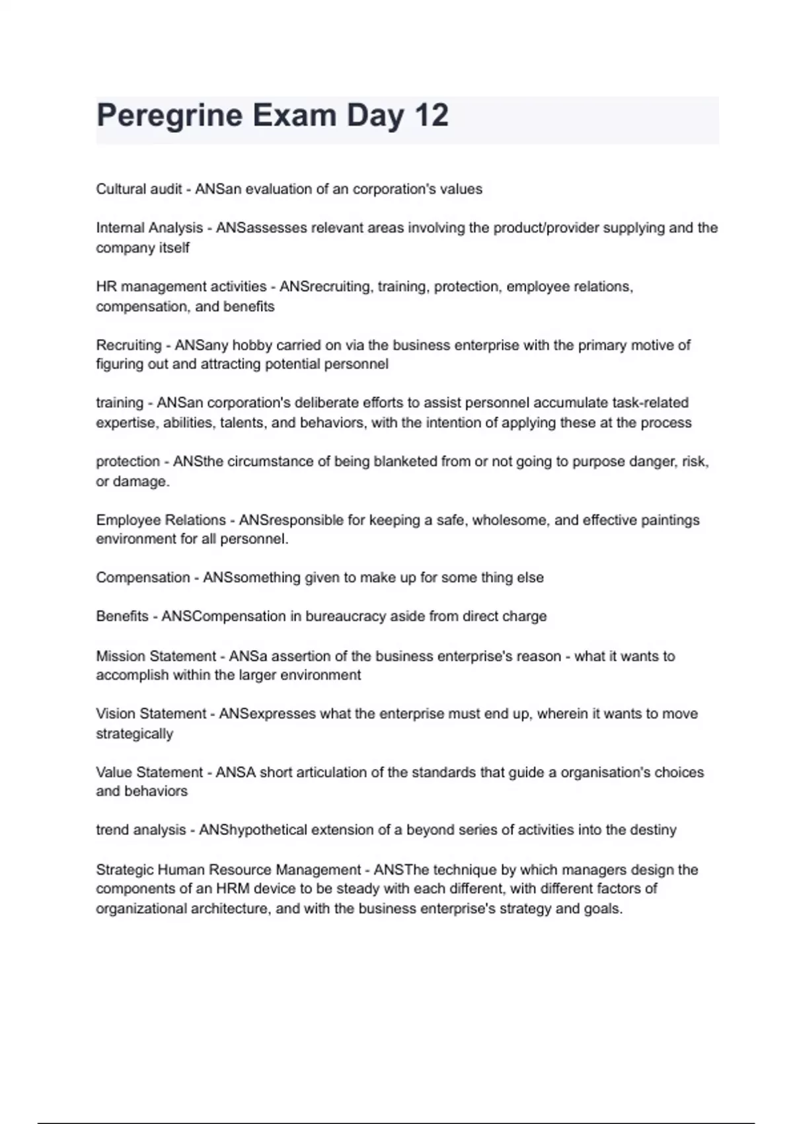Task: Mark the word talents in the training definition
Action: pos(240,423)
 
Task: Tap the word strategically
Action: pos(134,734)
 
